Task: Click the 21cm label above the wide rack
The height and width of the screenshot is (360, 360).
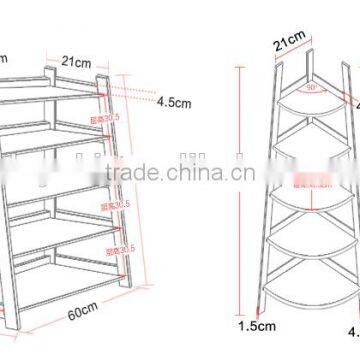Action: click(73, 60)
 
